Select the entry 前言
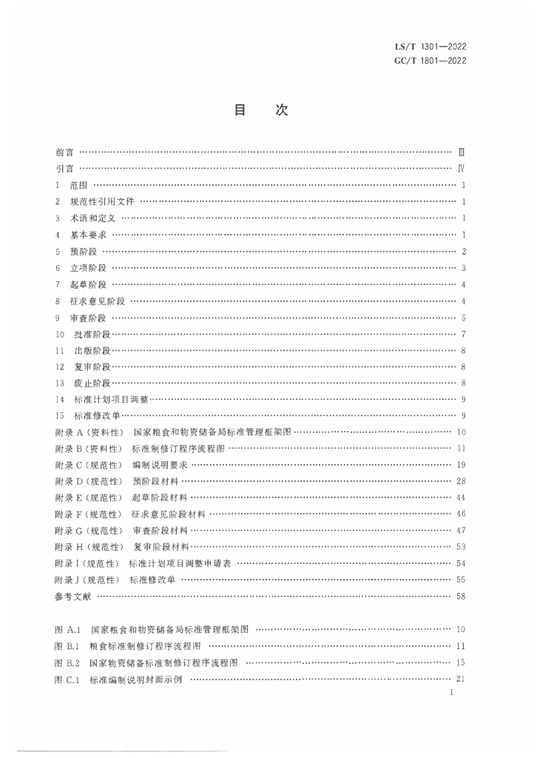point(64,152)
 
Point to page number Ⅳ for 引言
point(461,169)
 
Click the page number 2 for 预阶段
point(462,251)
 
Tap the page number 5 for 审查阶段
point(462,318)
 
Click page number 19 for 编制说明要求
point(460,465)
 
